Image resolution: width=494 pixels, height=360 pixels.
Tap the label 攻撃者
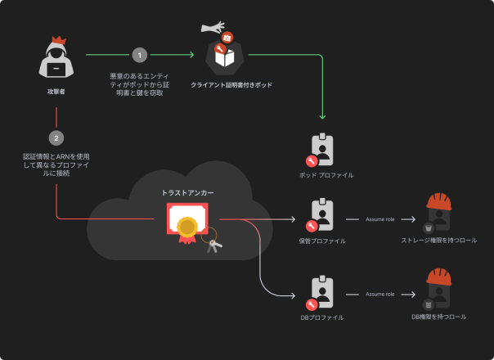(56, 92)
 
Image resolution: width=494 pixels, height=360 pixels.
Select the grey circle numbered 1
(139, 55)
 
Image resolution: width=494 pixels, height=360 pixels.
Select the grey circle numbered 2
(56, 137)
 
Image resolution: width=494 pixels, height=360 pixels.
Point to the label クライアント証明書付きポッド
(231, 84)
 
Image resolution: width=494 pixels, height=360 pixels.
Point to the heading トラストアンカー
(188, 192)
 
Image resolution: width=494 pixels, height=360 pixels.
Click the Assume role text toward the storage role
(380, 219)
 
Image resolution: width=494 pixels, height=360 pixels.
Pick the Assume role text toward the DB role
(380, 294)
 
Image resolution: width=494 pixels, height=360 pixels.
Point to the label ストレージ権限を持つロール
(438, 241)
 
